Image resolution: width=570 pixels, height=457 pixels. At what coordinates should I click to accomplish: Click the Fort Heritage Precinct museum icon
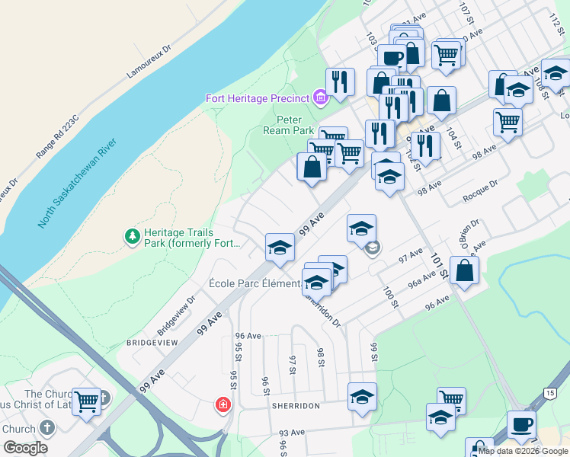(319, 97)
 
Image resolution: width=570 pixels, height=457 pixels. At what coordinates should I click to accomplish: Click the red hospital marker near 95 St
(224, 404)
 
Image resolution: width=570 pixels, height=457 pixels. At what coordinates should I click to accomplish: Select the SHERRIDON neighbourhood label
(295, 406)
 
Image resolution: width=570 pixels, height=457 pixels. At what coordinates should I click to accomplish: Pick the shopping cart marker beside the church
(86, 401)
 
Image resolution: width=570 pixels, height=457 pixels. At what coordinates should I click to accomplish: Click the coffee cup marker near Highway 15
(521, 423)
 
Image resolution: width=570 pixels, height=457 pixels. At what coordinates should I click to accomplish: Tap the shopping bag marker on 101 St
(464, 270)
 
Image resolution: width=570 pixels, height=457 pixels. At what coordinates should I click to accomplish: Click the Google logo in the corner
(25, 448)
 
